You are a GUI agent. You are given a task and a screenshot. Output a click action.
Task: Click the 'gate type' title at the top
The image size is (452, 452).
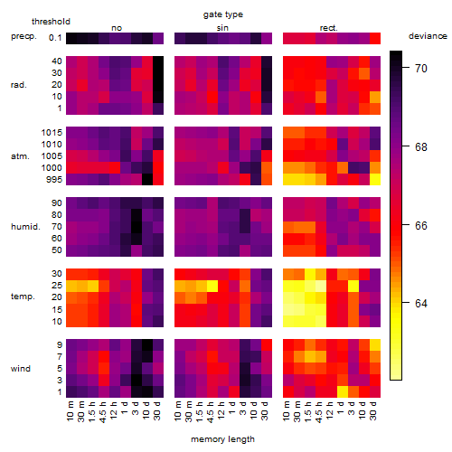223,14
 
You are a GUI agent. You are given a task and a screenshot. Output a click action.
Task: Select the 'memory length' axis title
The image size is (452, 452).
222,439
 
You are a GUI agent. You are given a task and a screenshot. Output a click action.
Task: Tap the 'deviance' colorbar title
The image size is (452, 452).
428,36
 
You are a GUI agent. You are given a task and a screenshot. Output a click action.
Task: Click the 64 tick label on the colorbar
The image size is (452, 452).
421,303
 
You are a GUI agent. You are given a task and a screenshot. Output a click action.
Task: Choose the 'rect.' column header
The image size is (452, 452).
329,28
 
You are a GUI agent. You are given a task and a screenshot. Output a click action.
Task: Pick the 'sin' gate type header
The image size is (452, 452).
222,28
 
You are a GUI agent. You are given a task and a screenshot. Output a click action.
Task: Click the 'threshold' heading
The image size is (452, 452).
51,22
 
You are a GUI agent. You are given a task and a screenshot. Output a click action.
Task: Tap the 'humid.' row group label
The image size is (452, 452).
25,227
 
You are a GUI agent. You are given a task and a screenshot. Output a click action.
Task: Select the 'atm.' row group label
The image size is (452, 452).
20,156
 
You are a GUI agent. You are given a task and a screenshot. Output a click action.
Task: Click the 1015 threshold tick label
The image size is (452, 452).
52,133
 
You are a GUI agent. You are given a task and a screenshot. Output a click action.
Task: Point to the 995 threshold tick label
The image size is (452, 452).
54,180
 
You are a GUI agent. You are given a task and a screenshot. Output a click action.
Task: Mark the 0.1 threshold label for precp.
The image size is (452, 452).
55,38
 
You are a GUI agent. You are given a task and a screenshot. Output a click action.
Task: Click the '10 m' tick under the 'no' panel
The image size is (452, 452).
71,411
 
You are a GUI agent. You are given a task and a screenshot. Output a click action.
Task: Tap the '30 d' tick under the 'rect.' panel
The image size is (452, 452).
373,411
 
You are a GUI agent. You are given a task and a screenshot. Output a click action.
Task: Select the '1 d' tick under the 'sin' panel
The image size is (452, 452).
232,408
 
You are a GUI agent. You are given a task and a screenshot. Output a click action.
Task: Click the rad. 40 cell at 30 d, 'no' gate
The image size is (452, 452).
158,61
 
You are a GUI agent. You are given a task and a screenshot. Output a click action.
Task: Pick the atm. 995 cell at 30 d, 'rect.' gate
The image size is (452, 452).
375,180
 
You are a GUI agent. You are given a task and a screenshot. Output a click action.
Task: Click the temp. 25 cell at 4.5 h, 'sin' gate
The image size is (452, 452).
212,286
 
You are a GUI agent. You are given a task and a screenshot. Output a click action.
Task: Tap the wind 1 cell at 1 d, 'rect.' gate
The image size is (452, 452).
343,392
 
